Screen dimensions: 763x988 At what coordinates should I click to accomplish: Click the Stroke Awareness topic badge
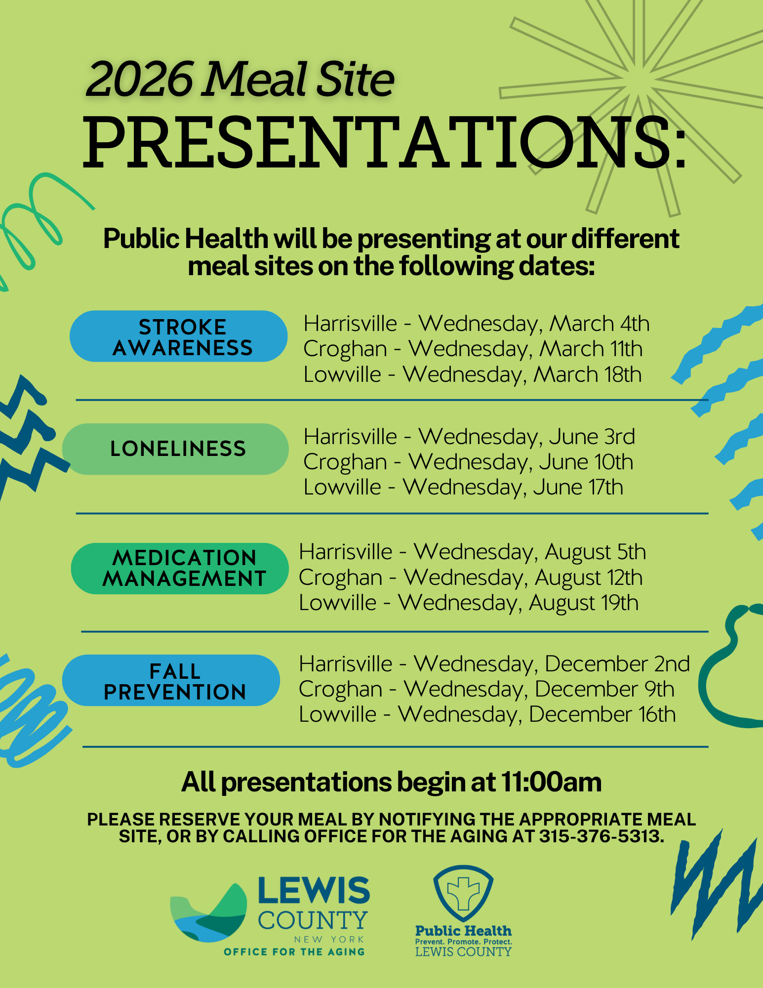tap(178, 336)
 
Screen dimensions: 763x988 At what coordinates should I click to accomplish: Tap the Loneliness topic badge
tap(175, 449)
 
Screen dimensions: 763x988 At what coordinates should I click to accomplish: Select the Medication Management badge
tap(180, 569)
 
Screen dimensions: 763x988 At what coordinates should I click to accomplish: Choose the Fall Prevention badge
tap(171, 680)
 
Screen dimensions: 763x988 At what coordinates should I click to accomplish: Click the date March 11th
tap(591, 349)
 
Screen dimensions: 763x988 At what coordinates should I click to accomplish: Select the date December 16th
tap(602, 714)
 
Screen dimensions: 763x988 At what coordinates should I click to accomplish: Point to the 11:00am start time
tap(551, 782)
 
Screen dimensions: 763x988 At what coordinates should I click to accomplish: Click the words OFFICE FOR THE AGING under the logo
tap(294, 952)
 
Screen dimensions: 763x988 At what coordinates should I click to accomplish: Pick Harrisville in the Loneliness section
tap(350, 437)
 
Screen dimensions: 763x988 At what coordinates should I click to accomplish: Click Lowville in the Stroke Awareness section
tap(342, 374)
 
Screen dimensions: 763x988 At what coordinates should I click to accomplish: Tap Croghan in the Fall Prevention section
tap(340, 689)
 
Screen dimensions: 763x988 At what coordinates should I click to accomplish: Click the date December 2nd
tap(617, 663)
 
